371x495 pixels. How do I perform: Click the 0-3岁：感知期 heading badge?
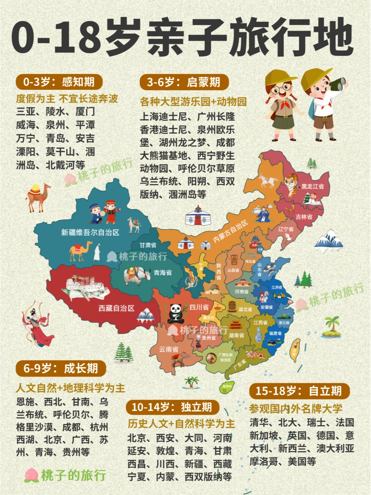click(59, 82)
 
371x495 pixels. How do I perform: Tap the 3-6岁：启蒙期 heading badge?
click(184, 82)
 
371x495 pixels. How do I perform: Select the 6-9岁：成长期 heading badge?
click(60, 368)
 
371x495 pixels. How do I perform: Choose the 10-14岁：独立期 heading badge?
click(172, 407)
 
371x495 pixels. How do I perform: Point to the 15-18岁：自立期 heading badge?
click(299, 391)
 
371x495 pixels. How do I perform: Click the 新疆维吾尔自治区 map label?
click(90, 233)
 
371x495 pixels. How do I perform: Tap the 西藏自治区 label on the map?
click(116, 308)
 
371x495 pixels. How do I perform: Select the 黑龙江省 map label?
click(312, 187)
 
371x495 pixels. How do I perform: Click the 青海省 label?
click(162, 273)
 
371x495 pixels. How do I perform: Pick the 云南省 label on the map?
click(169, 349)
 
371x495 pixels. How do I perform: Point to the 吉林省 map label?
click(304, 217)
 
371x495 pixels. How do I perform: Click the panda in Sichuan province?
click(175, 312)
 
